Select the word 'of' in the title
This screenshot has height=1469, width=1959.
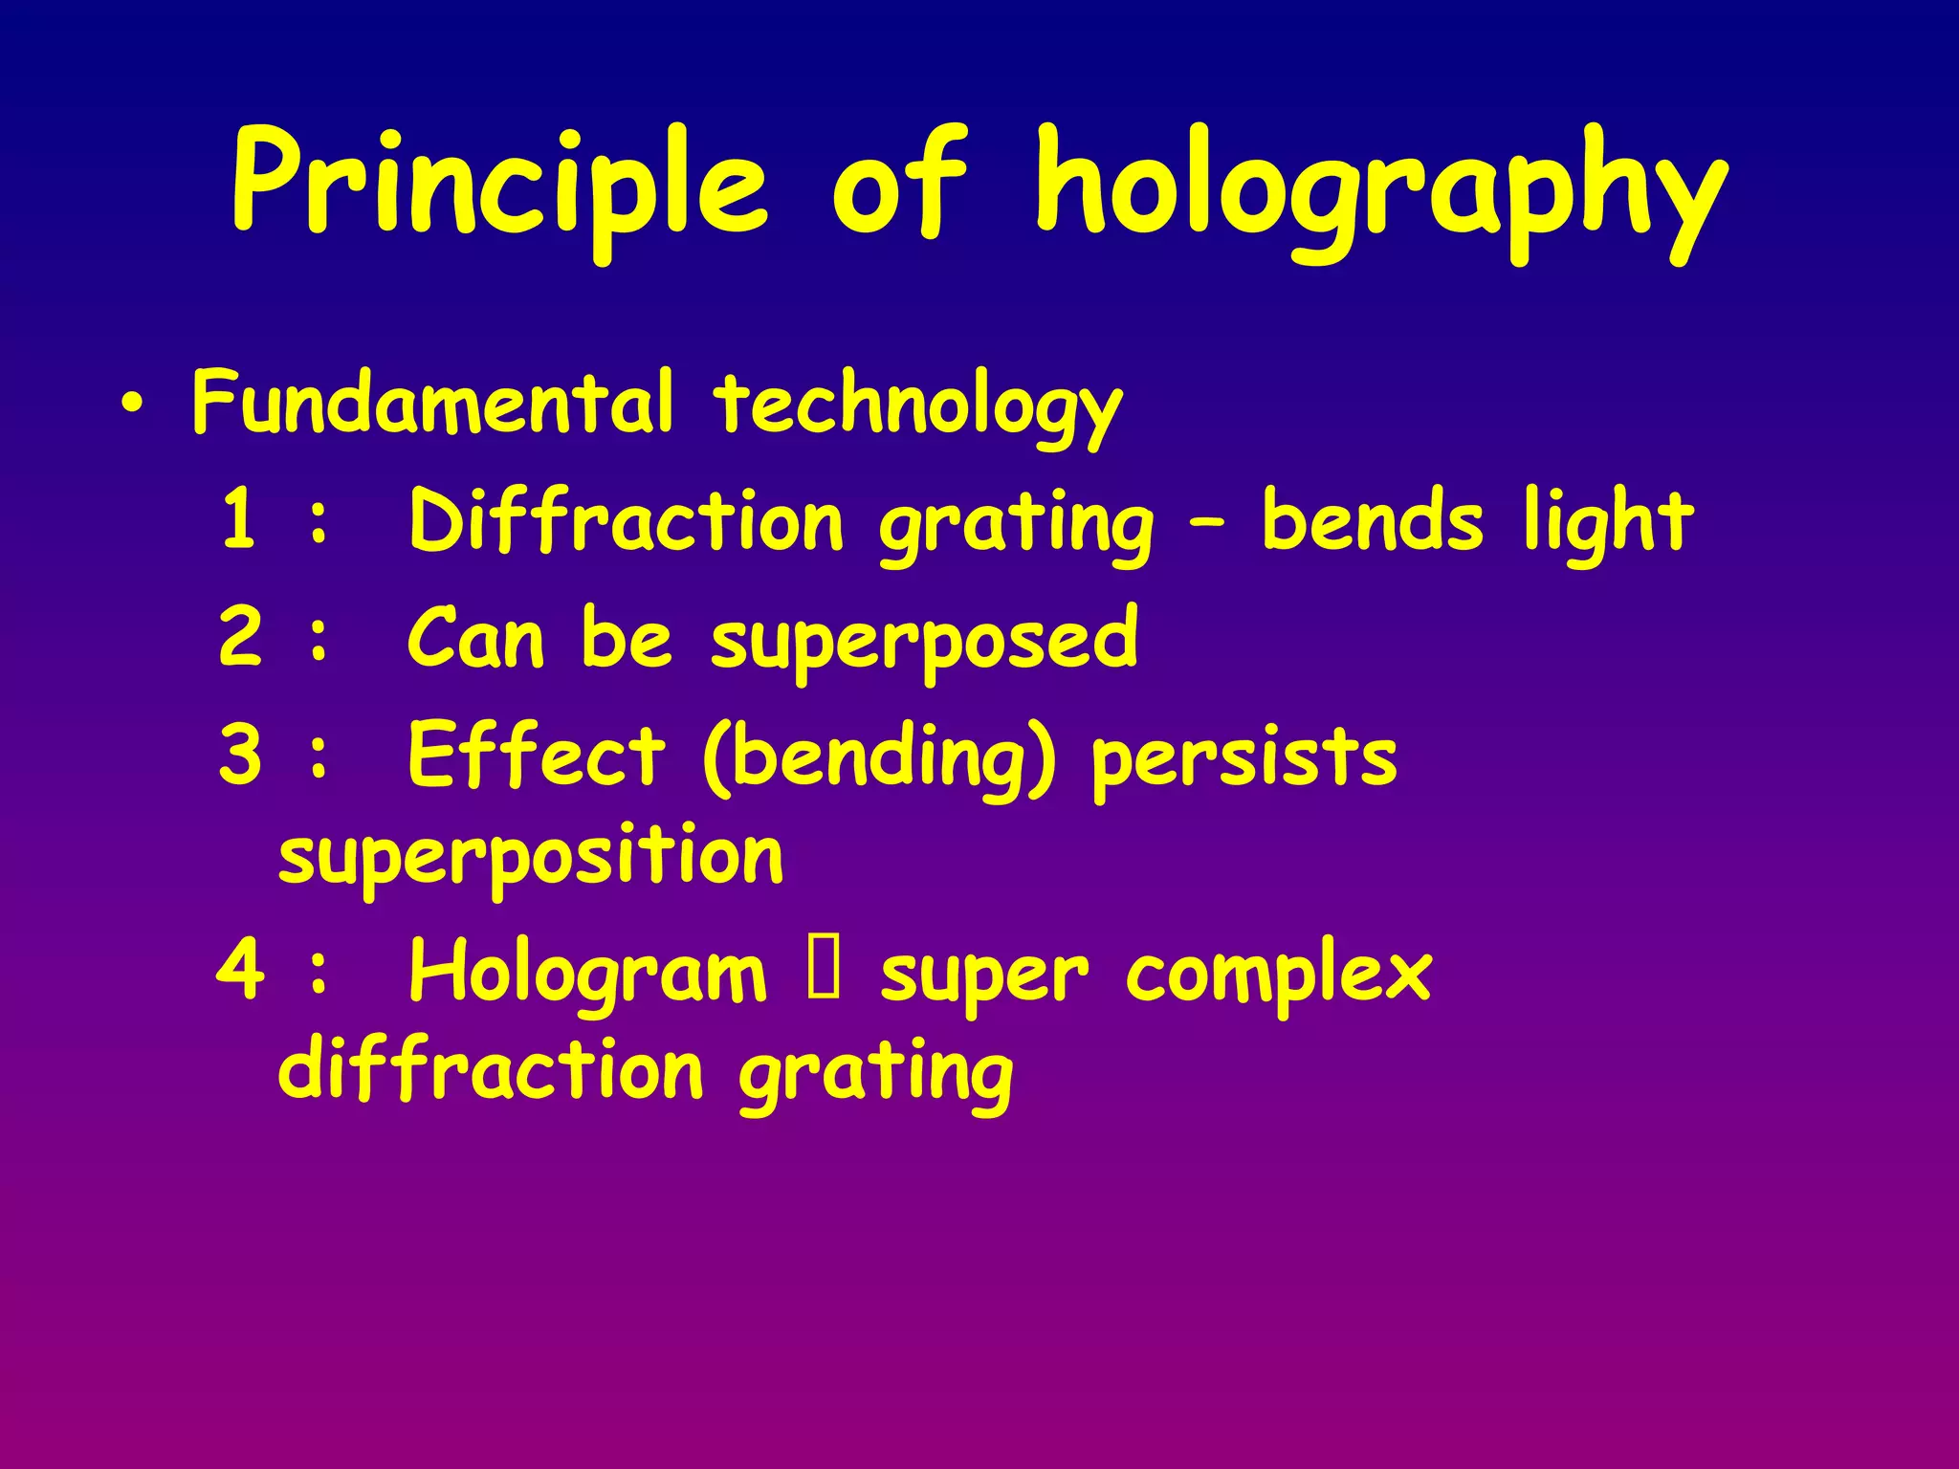(x=899, y=182)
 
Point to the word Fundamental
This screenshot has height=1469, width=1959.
(x=433, y=403)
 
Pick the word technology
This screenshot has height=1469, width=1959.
(x=918, y=407)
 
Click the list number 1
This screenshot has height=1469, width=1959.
(x=239, y=518)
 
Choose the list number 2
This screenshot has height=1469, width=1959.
(x=239, y=637)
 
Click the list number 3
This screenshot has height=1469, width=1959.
(x=239, y=755)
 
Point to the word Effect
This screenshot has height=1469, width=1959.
(x=536, y=755)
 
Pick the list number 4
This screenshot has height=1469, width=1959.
(x=239, y=970)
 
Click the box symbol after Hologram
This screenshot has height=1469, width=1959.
(x=824, y=970)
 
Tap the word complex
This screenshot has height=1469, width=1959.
(x=1279, y=974)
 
